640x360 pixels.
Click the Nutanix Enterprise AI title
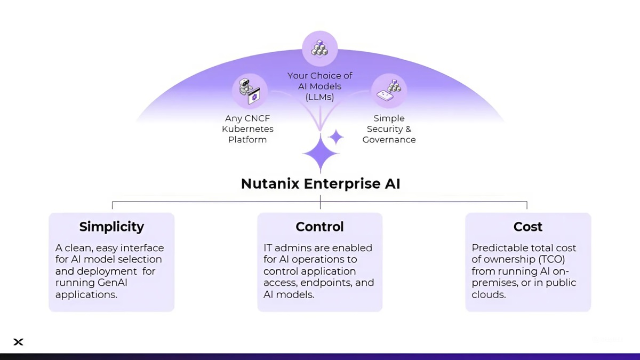(320, 184)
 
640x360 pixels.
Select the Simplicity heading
(111, 227)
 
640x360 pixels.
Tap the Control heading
(320, 227)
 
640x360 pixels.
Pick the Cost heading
(527, 227)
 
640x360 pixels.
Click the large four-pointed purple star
(321, 153)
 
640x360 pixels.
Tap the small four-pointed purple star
(336, 137)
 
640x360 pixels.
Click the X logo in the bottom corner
(18, 342)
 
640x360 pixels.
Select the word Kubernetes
(247, 129)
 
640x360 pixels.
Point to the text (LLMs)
(320, 97)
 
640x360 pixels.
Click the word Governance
(389, 140)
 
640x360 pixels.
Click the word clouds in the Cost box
(488, 294)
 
